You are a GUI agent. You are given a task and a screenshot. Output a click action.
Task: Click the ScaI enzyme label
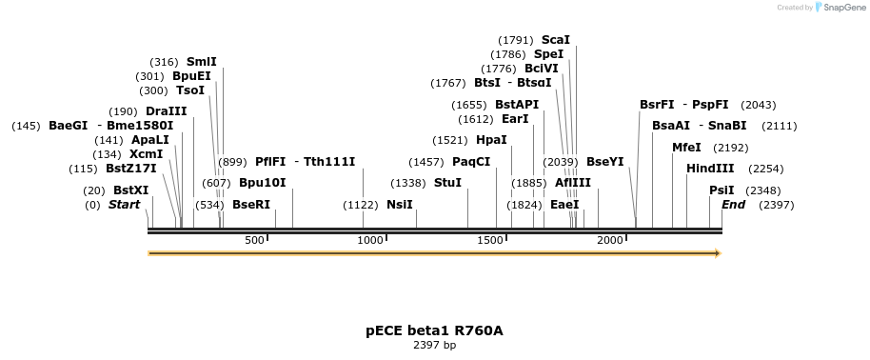[x=556, y=40]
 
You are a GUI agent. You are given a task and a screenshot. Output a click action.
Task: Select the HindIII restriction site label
[x=710, y=169]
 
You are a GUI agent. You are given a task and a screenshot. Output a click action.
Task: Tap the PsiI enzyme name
[x=722, y=190]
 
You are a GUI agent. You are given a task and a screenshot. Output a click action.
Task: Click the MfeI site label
[x=686, y=148]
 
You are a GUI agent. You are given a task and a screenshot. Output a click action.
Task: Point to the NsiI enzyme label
[x=400, y=205]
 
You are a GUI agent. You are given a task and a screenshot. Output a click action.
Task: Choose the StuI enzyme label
[x=447, y=182]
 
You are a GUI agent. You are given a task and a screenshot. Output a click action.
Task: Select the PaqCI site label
[x=471, y=162]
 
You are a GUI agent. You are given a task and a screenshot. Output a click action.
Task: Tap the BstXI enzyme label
[x=131, y=190]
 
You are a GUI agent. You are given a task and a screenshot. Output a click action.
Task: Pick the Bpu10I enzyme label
[x=262, y=182]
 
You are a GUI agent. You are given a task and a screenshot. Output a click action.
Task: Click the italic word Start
[x=124, y=205]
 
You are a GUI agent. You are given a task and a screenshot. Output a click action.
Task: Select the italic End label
[x=734, y=205]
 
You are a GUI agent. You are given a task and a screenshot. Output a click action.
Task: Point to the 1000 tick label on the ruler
[x=369, y=240]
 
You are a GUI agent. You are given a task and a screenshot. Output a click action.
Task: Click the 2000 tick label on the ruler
[x=610, y=240]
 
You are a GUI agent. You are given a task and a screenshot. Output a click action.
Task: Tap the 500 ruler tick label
[x=254, y=240]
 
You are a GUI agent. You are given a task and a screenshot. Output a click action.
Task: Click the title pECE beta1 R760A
[x=434, y=330]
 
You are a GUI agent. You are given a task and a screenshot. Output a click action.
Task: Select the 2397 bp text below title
[x=434, y=345]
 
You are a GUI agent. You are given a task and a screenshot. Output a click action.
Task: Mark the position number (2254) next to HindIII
[x=765, y=169]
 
